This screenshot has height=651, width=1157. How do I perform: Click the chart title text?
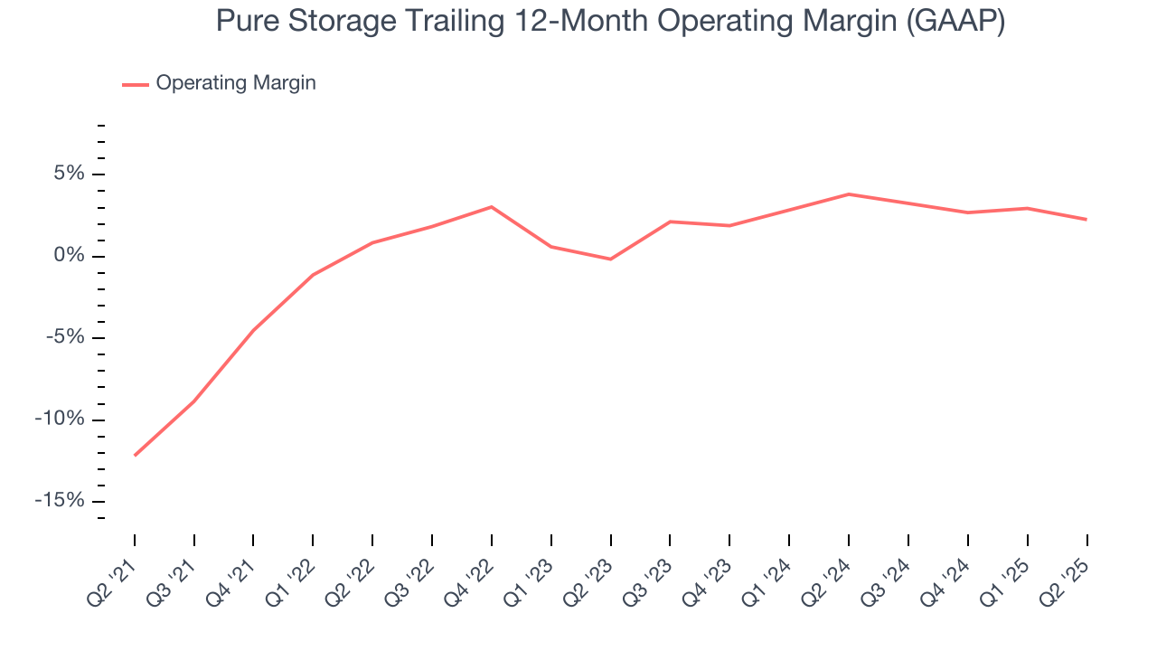[610, 22]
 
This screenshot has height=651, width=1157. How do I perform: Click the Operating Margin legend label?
[235, 83]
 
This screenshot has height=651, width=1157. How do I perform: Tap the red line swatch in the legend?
[136, 84]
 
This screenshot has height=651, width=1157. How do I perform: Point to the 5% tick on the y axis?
[100, 175]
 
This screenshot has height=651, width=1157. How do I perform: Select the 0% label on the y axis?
[70, 256]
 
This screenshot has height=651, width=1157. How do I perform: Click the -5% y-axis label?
[65, 337]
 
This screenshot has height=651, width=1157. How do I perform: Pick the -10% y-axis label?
[61, 420]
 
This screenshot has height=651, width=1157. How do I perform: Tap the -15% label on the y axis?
[61, 501]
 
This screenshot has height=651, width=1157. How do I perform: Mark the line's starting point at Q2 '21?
[135, 455]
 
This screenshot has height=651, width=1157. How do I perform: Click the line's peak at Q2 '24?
[848, 193]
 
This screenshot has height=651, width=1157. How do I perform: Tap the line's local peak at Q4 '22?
[491, 207]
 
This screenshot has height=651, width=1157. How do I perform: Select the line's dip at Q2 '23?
[610, 259]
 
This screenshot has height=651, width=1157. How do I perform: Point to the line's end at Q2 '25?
[1086, 219]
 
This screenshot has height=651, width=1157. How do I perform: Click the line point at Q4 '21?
[253, 331]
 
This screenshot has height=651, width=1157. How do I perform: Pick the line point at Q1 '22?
[313, 275]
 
